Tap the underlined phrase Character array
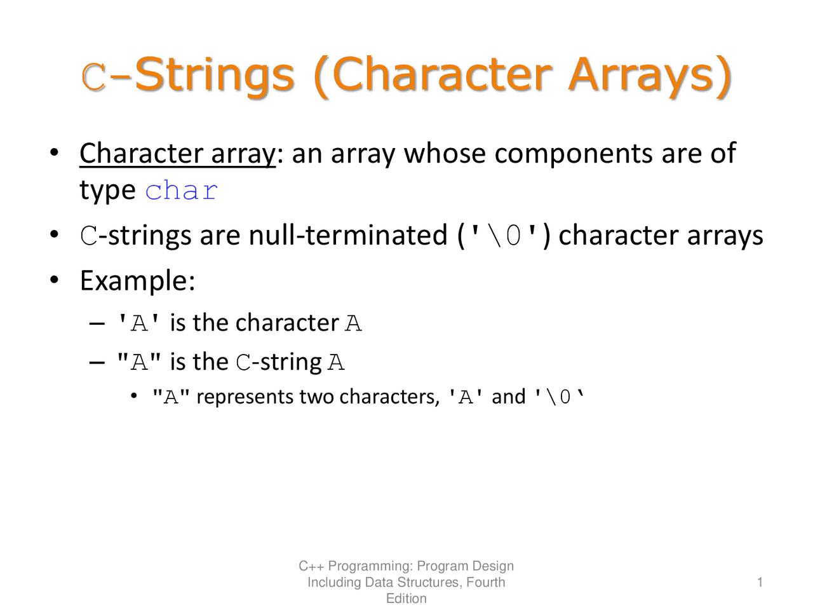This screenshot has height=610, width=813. point(178,154)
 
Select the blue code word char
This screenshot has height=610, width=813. point(182,191)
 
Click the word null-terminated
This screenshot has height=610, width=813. point(348,236)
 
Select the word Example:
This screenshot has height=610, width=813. point(137,280)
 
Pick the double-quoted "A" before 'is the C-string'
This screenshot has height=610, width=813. point(139,363)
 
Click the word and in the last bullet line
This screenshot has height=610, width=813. point(509,397)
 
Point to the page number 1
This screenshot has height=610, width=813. point(760,582)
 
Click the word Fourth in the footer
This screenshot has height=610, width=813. point(485,582)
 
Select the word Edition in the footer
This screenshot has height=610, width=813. point(406,599)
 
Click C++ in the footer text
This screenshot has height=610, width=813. point(311,566)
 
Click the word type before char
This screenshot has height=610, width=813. point(107,191)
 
